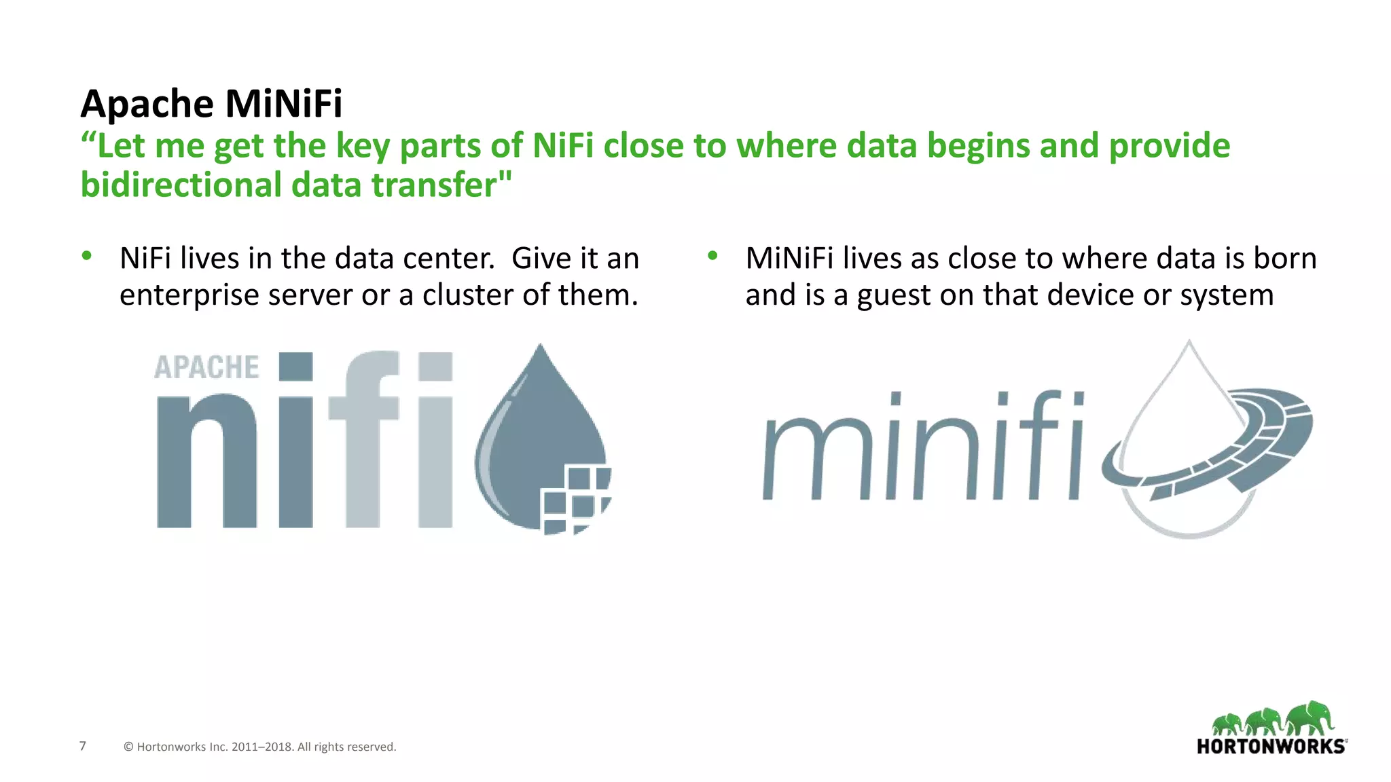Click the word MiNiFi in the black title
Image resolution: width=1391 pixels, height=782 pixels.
point(283,104)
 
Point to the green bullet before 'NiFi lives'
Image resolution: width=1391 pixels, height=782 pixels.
point(86,256)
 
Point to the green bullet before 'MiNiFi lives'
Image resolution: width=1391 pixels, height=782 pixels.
point(712,256)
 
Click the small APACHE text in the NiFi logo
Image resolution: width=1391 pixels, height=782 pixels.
point(206,367)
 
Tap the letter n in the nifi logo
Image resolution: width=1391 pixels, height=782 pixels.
point(206,462)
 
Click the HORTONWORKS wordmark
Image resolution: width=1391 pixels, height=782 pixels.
point(1271,747)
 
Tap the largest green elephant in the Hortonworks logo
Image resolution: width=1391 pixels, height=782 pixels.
point(1311,718)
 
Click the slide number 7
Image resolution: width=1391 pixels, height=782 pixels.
point(83,746)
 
